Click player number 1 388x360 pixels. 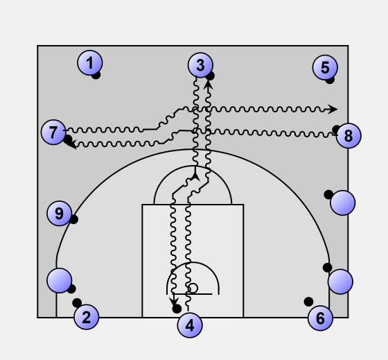[x=90, y=63]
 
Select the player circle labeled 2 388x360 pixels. [x=87, y=317]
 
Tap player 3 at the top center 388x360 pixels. [x=200, y=65]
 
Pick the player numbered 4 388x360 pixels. [x=190, y=325]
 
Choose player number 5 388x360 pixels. [x=325, y=67]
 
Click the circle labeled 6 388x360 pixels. [x=320, y=318]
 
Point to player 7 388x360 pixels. [x=53, y=132]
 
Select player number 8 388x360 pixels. [x=349, y=135]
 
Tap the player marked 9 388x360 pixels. [x=60, y=214]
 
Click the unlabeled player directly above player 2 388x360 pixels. [x=60, y=280]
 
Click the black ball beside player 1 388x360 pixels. [x=96, y=75]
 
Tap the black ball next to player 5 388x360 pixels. [x=330, y=80]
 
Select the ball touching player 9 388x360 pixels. [x=73, y=219]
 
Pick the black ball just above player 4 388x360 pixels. [x=177, y=309]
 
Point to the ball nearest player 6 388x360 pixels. [x=308, y=302]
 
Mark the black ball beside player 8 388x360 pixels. [x=336, y=130]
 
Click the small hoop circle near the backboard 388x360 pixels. [x=193, y=289]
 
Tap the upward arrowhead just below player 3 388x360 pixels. [x=209, y=85]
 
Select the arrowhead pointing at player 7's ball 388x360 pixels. [x=72, y=144]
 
